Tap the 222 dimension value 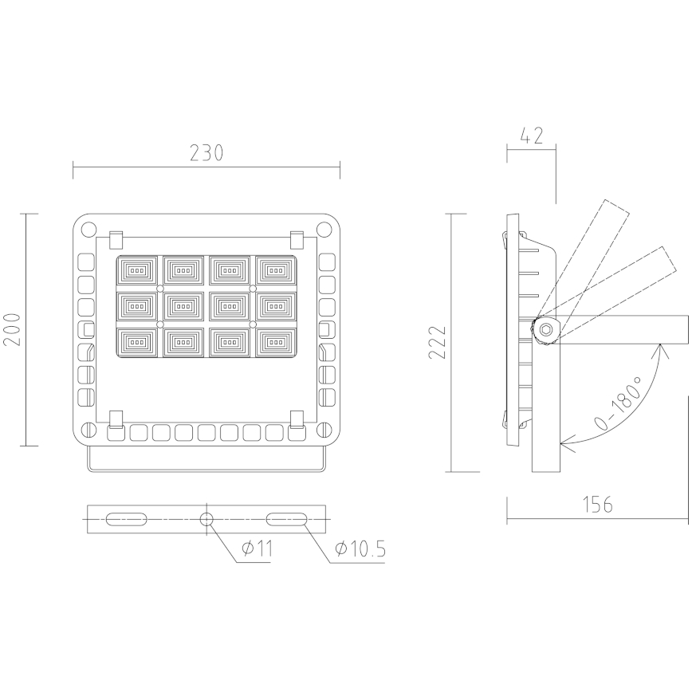tap(437, 343)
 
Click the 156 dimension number tap(596, 505)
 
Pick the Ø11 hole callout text tap(256, 548)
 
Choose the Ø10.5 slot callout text tap(360, 548)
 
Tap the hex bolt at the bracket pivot tap(546, 329)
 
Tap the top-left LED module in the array tap(138, 270)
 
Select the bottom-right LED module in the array tap(275, 342)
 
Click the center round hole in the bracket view tap(206, 520)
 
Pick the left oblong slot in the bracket tap(126, 520)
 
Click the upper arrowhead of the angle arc tap(660, 348)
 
